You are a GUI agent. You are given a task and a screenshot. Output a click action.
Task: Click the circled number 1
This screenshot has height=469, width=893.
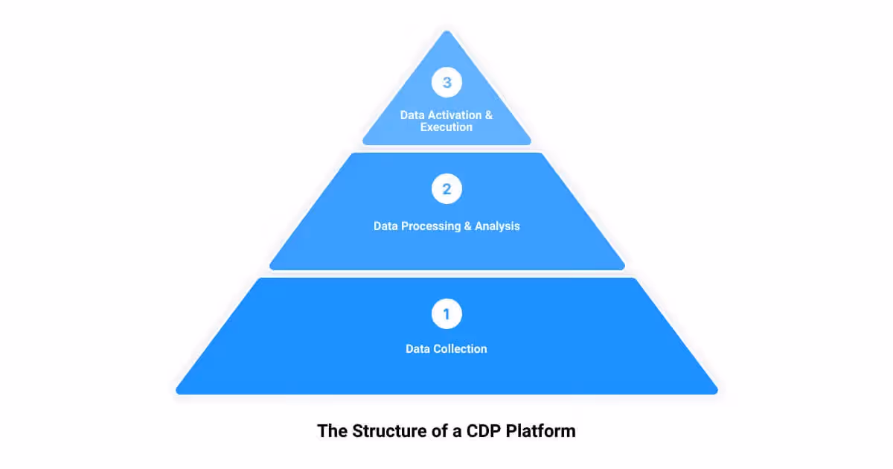coord(446,314)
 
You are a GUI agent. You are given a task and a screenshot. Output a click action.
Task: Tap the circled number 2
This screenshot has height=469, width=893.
coord(446,189)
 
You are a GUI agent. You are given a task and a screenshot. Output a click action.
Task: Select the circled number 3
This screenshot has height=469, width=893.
coord(446,83)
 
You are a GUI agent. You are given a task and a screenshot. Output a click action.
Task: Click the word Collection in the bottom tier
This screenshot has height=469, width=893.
coord(460,348)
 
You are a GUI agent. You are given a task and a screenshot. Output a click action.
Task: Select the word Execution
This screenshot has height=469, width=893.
coord(446,127)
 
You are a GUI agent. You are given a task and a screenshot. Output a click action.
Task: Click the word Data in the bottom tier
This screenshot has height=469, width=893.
coord(417,348)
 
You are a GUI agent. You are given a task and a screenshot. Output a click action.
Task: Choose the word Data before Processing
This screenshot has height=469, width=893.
coord(385,226)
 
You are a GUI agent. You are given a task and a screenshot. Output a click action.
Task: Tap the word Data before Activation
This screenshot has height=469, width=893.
coord(412,115)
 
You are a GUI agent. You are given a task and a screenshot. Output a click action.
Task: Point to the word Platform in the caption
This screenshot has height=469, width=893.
coord(541,431)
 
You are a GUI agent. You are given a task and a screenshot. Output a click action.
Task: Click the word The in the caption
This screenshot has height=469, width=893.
coord(330,431)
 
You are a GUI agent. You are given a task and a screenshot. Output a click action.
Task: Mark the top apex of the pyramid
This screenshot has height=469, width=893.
coord(446,32)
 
